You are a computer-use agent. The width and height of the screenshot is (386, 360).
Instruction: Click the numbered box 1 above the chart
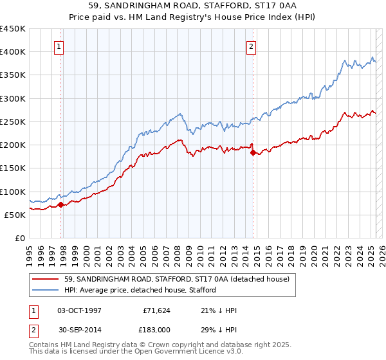(x=59, y=46)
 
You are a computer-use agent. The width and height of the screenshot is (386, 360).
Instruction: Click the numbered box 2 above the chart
(x=250, y=46)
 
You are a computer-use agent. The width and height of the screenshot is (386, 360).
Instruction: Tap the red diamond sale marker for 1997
(x=61, y=205)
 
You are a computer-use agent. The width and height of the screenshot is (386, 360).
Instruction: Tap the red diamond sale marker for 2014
(x=253, y=153)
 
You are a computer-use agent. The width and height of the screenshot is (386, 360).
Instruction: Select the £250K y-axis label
(x=13, y=122)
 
